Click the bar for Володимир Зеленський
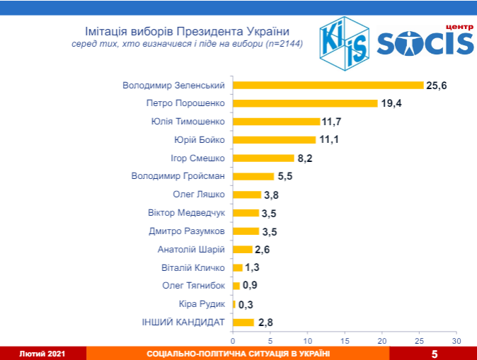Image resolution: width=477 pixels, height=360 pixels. [328, 85]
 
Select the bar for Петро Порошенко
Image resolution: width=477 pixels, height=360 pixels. [305, 103]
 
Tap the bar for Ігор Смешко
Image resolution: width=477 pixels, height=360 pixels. [263, 158]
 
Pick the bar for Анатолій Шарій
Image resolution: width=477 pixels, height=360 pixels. [242, 249]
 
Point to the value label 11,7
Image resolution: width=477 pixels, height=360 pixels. [331, 122]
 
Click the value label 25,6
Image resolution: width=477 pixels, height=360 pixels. [437, 85]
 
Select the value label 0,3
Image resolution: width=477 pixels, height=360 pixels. [246, 304]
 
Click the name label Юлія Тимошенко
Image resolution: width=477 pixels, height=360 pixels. [188, 121]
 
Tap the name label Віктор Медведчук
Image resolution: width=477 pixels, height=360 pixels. [187, 212]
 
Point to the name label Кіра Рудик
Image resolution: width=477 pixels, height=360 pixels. [203, 304]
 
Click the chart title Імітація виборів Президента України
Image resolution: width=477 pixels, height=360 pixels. [187, 31]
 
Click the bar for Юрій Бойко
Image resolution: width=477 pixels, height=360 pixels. [274, 139]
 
